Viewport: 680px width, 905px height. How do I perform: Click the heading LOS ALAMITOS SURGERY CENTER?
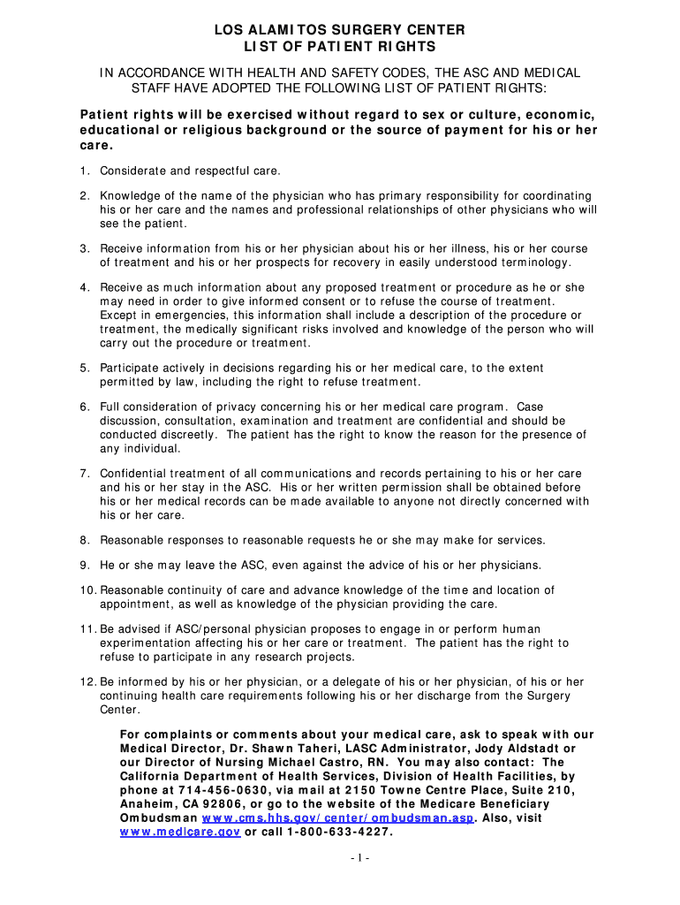339,30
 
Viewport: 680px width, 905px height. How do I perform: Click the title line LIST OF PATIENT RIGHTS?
339,46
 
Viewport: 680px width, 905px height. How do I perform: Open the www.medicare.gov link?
180,833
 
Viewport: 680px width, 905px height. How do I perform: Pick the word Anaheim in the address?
146,804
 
